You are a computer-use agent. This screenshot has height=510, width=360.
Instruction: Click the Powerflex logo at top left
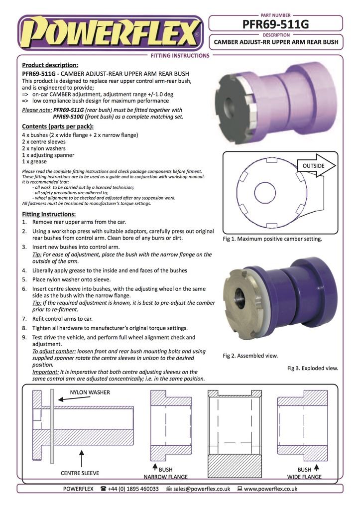[x=110, y=33]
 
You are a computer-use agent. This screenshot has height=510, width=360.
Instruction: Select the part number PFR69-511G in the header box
[x=276, y=24]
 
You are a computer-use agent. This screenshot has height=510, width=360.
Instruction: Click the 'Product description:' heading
[x=50, y=65]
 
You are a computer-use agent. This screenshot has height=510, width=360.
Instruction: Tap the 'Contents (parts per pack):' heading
[x=58, y=127]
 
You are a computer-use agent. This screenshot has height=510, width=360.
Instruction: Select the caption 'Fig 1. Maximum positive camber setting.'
[x=272, y=239]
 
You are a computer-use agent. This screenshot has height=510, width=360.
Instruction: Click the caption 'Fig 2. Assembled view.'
[x=250, y=356]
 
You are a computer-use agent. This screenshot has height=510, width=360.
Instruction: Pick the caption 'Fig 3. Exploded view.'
[x=313, y=369]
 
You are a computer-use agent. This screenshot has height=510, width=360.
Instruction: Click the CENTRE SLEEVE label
[x=80, y=473]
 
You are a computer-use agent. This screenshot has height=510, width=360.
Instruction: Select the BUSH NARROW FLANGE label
[x=165, y=473]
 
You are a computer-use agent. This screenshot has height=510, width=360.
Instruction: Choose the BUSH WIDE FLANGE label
[x=304, y=473]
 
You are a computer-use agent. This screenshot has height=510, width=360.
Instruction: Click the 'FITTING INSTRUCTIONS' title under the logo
[x=180, y=56]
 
